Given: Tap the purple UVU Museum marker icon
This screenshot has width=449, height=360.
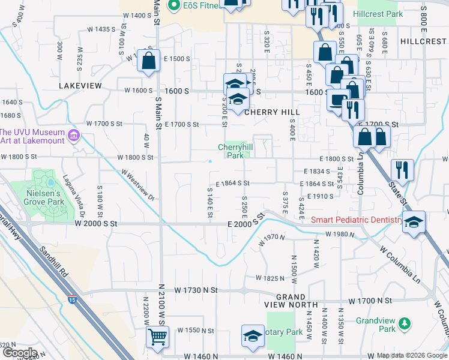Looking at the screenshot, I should coord(74,134).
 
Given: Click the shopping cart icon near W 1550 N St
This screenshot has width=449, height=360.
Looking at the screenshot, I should coord(157,337).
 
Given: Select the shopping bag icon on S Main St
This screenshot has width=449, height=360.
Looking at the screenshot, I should coord(148,61).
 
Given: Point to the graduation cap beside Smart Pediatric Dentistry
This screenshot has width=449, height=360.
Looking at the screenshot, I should coord(414,222).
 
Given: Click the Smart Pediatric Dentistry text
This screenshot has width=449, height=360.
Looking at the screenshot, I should coord(357,220).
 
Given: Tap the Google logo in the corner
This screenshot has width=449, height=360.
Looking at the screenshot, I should coord(19,353).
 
